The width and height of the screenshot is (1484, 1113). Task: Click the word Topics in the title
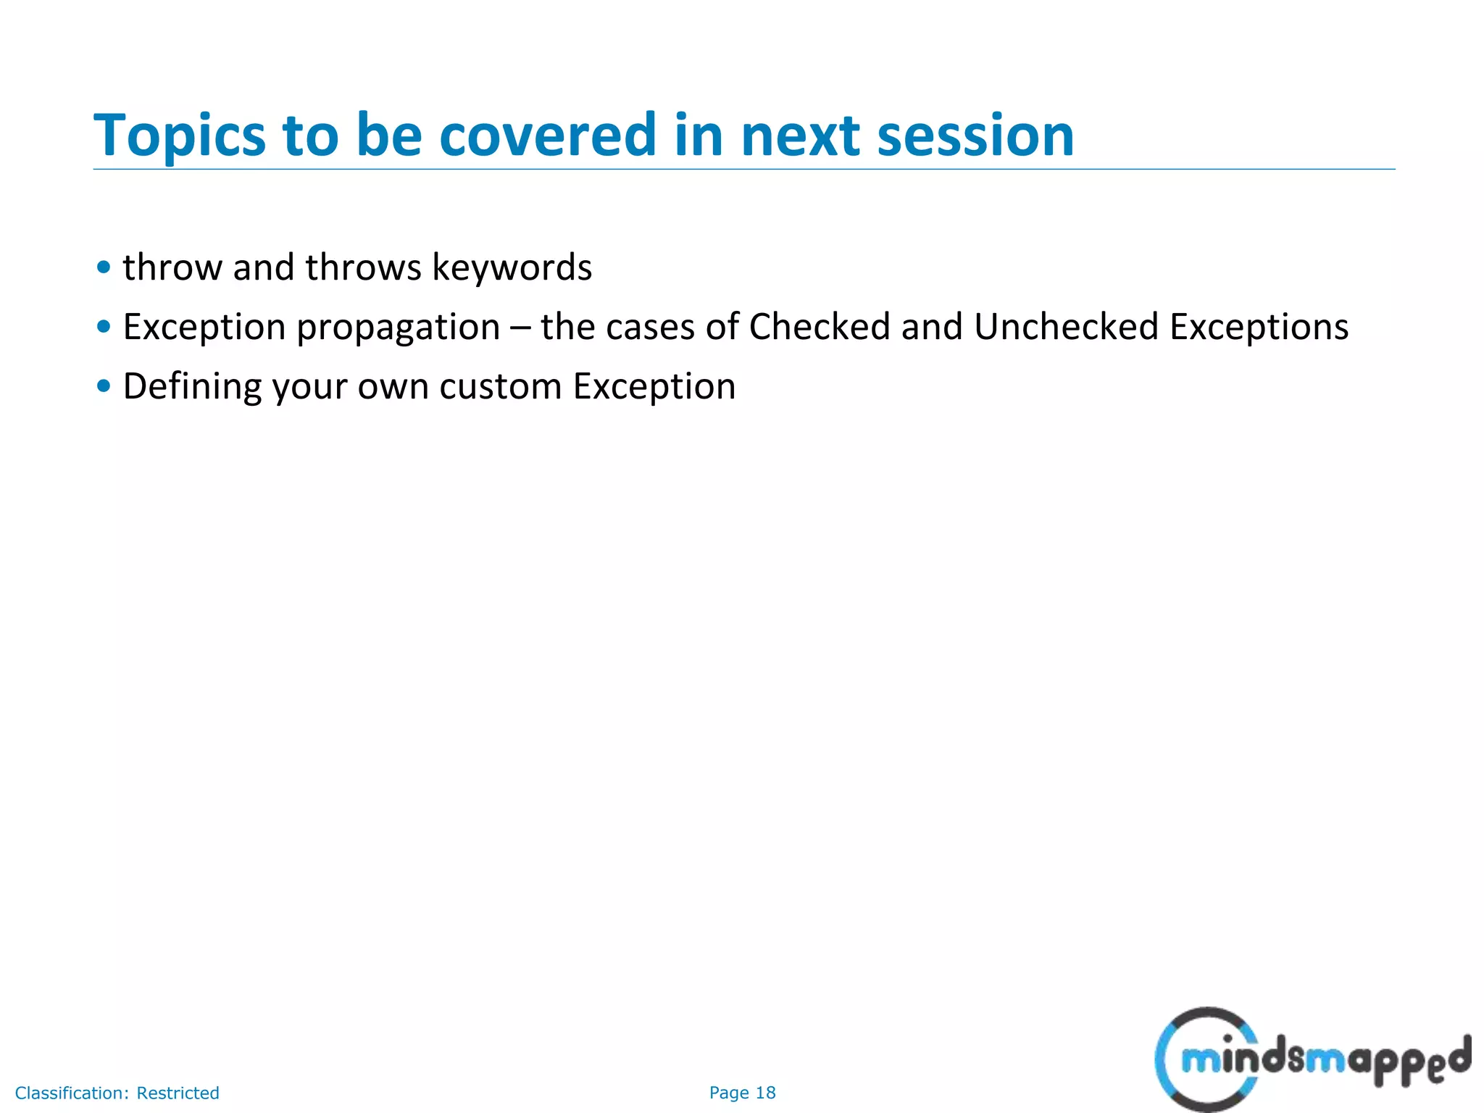[180, 136]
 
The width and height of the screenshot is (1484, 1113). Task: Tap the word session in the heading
[975, 136]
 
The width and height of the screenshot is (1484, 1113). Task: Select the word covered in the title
[548, 136]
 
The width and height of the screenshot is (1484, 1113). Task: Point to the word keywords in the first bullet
[512, 267]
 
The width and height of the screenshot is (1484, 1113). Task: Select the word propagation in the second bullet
[398, 328]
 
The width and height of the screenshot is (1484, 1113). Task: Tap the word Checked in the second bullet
[819, 327]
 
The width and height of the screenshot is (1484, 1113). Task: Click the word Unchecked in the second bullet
[1066, 327]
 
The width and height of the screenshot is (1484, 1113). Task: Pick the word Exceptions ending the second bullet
[1259, 328]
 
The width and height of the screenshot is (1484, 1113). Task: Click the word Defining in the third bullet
[192, 387]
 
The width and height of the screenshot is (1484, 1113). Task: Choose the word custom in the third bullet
[500, 387]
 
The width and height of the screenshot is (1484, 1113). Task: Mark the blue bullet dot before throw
[104, 267]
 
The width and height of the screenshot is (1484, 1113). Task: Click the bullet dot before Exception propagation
[104, 327]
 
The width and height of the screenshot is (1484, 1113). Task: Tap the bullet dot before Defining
[104, 386]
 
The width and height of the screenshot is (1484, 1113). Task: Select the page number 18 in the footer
[765, 1093]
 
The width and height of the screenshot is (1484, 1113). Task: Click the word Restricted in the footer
[178, 1093]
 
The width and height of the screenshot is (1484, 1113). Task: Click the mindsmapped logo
[1312, 1060]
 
